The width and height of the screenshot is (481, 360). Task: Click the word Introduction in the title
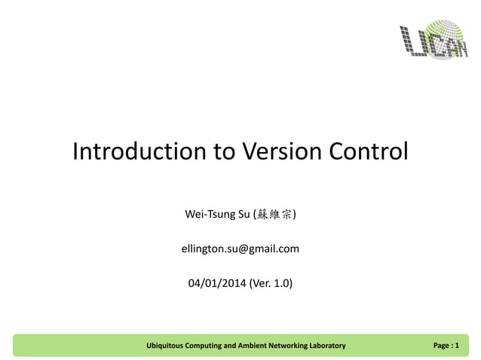tap(139, 151)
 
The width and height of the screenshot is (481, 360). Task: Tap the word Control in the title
tap(368, 151)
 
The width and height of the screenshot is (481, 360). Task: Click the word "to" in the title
tap(224, 151)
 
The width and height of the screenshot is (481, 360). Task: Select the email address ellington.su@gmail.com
tap(240, 249)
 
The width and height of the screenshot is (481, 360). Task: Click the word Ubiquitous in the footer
tap(169, 346)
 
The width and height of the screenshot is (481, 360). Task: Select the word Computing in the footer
tap(215, 346)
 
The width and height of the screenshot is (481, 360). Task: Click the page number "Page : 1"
tap(446, 346)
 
